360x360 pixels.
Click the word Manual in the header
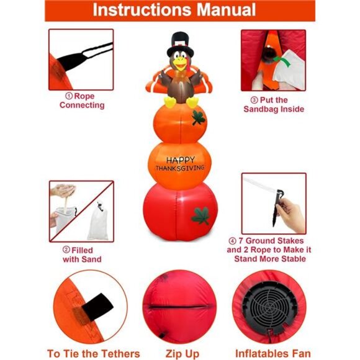[x=226, y=10]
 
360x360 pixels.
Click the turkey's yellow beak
[x=181, y=65]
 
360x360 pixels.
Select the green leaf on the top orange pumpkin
[x=199, y=118]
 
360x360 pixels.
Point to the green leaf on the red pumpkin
[x=201, y=216]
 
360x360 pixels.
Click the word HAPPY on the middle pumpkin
[x=181, y=160]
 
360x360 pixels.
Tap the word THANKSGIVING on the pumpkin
[x=180, y=168]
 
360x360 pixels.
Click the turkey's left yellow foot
[x=170, y=102]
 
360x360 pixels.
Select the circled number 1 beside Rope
[x=69, y=96]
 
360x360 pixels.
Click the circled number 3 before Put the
[x=254, y=100]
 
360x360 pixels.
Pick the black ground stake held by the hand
[x=277, y=208]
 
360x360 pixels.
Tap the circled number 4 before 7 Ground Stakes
[x=232, y=241]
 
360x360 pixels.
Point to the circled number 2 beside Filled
[x=66, y=250]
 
